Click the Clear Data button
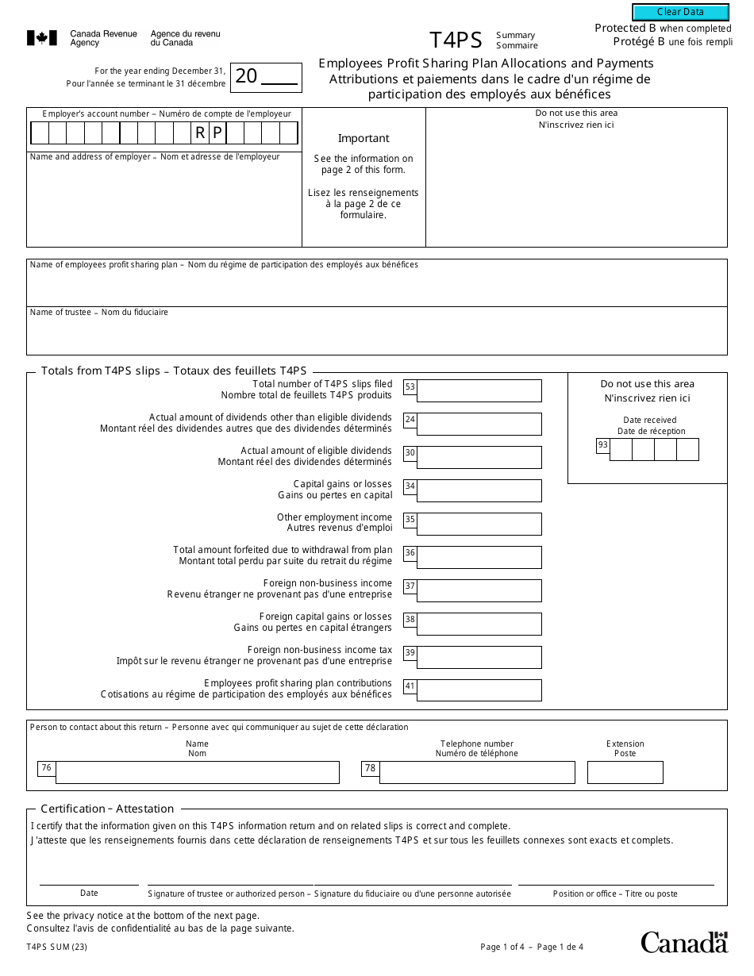click(680, 12)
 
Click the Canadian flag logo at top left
click(42, 38)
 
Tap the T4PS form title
click(456, 40)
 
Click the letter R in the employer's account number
click(200, 133)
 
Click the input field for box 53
click(479, 390)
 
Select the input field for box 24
click(479, 424)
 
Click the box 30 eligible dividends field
click(479, 457)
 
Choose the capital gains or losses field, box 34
click(479, 490)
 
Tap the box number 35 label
click(410, 521)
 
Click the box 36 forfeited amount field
click(479, 557)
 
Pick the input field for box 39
click(479, 657)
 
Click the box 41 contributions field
click(479, 690)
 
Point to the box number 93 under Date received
click(603, 445)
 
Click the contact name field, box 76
click(197, 772)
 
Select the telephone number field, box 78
click(476, 772)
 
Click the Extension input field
click(625, 772)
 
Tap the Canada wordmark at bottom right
click(683, 942)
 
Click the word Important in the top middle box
click(364, 138)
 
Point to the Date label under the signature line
click(89, 893)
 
